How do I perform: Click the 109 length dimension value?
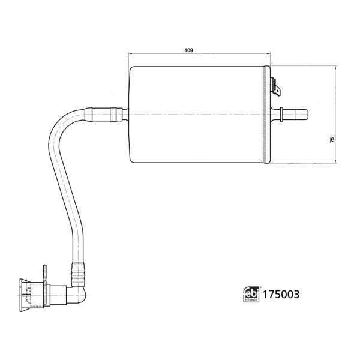(x=189, y=50)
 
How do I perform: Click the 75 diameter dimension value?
(x=332, y=140)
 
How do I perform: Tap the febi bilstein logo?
(x=251, y=294)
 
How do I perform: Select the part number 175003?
(x=281, y=295)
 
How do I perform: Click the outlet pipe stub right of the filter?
(x=295, y=115)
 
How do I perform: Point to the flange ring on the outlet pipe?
(x=281, y=115)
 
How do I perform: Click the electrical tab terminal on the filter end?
(x=276, y=87)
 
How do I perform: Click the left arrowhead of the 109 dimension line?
(x=130, y=53)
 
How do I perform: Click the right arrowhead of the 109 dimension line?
(x=269, y=53)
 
